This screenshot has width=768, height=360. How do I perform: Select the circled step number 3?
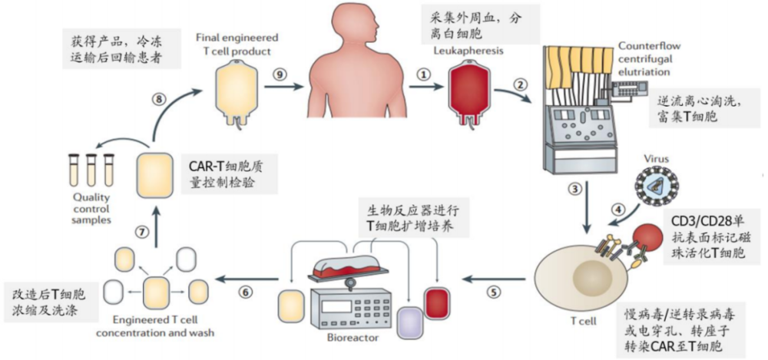[572, 188]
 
